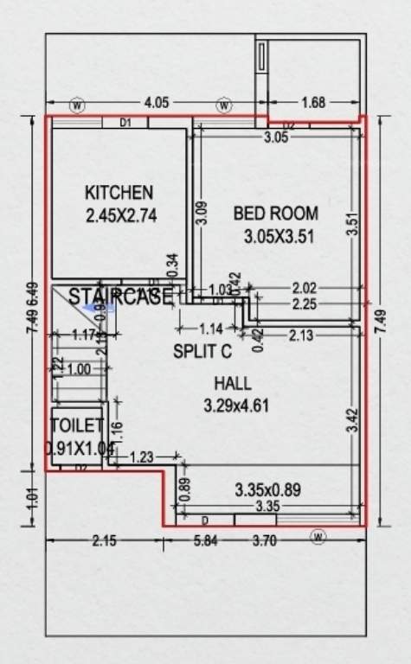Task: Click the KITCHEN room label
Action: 119,192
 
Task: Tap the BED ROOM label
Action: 276,213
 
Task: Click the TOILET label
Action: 77,425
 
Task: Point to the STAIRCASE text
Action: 120,297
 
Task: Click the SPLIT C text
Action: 202,351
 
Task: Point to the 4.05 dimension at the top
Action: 156,103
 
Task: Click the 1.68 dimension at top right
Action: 313,103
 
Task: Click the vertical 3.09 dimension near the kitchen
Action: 201,213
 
